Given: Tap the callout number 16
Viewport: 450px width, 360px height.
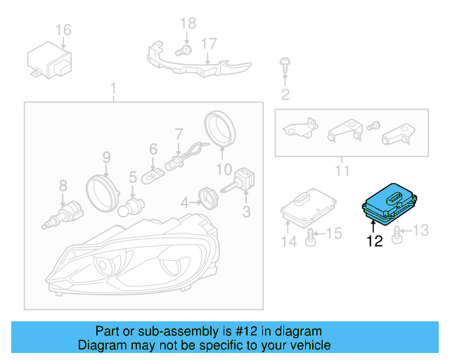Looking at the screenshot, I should click(x=63, y=30).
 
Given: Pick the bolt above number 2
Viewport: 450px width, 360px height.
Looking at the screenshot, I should click(x=285, y=64).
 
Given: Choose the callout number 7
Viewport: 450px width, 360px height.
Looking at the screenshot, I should click(x=179, y=132).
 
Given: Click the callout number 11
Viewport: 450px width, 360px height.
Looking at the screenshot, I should click(x=342, y=170).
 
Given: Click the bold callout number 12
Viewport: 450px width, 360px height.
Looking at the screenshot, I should click(x=374, y=241).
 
